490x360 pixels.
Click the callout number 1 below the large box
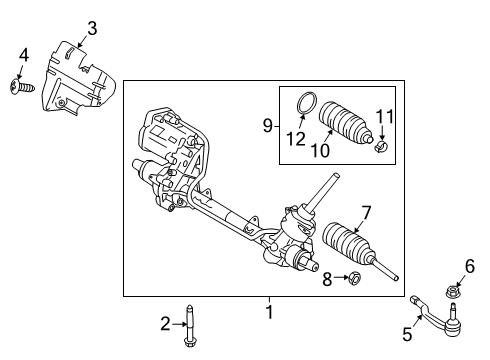[269, 311]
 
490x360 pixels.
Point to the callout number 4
[23, 54]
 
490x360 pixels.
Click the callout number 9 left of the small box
[266, 126]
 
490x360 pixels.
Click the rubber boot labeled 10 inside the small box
[345, 127]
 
